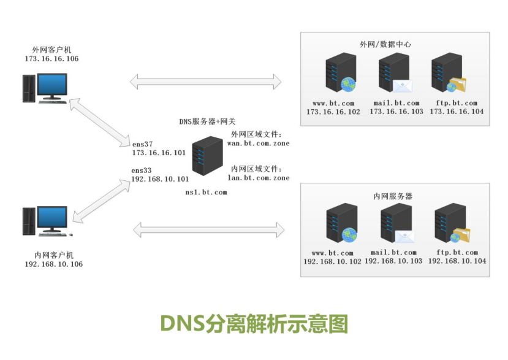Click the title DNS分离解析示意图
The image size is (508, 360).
pyautogui.click(x=254, y=323)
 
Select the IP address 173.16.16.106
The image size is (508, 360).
pyautogui.click(x=51, y=59)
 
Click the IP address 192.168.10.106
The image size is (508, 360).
pyautogui.click(x=53, y=264)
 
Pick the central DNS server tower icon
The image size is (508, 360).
pyautogui.click(x=207, y=156)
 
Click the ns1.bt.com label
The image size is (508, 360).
pyautogui.click(x=206, y=192)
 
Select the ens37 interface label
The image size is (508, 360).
pyautogui.click(x=142, y=144)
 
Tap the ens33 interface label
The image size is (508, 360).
pyautogui.click(x=142, y=170)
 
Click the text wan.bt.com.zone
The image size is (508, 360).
pyautogui.click(x=258, y=144)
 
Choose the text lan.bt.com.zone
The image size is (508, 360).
pyautogui.click(x=258, y=178)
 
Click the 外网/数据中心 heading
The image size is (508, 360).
pyautogui.click(x=385, y=44)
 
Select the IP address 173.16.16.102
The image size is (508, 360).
pyautogui.click(x=333, y=112)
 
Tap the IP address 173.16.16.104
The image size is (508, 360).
pyautogui.click(x=457, y=112)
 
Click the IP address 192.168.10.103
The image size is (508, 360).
pyautogui.click(x=393, y=261)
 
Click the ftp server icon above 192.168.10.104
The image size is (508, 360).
pyautogui.click(x=451, y=225)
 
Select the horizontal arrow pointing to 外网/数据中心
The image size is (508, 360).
pyautogui.click(x=205, y=81)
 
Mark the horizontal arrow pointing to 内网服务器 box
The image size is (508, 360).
pyautogui.click(x=209, y=230)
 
